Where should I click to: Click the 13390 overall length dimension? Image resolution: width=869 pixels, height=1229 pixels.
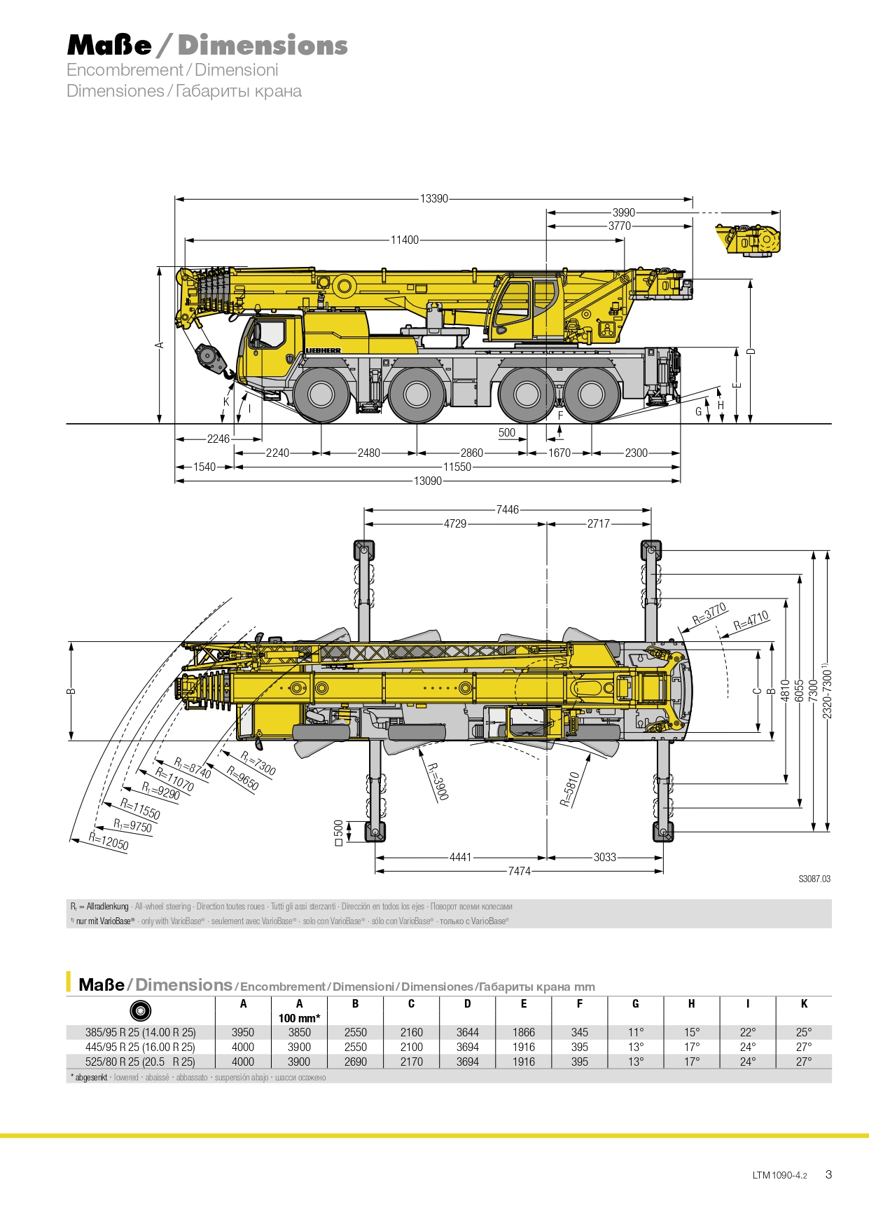point(434,198)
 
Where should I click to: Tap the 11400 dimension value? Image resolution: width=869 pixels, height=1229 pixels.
point(405,240)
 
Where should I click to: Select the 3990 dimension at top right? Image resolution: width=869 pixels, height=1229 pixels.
point(623,212)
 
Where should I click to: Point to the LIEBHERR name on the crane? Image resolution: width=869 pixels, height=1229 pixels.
point(324,350)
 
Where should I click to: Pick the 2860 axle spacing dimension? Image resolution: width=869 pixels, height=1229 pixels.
point(471,453)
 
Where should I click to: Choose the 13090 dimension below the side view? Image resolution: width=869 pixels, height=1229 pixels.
point(428,481)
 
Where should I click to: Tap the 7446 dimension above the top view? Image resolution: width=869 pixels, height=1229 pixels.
point(508,509)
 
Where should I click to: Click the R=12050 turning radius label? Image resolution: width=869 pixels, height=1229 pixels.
point(109,839)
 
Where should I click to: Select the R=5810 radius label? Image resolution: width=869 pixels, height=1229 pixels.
point(570,789)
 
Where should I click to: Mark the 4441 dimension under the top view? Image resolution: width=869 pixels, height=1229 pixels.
point(460,857)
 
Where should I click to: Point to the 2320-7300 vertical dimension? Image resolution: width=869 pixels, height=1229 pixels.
point(827,690)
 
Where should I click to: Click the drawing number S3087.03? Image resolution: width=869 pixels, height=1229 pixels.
point(814,879)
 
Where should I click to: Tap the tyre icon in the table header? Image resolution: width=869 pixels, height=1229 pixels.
point(141,1010)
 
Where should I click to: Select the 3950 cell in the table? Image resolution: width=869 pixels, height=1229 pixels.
point(243,1032)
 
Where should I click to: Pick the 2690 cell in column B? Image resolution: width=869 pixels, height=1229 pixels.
point(355,1062)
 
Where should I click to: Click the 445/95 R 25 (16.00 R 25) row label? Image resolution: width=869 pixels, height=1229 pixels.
point(140,1047)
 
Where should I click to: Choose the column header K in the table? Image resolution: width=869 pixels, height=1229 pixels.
point(804,1003)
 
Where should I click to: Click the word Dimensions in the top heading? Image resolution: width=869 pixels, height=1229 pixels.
point(263,45)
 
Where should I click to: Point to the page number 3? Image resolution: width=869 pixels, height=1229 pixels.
point(828,1174)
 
